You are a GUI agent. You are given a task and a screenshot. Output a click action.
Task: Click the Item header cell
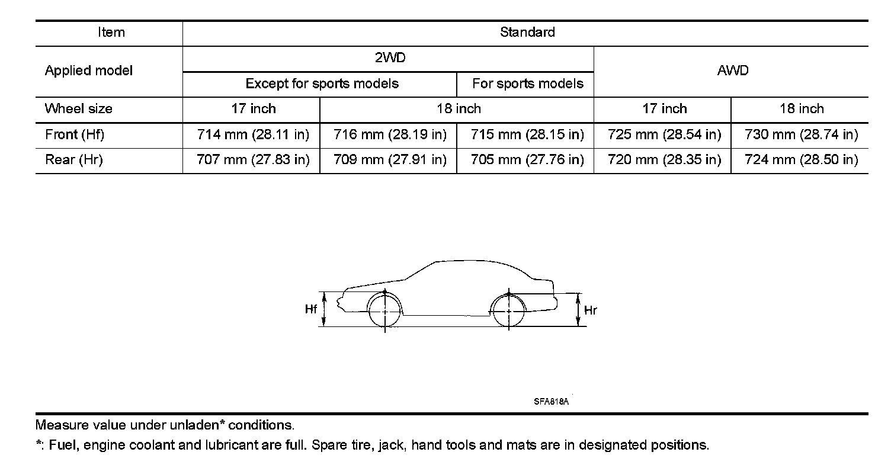(111, 33)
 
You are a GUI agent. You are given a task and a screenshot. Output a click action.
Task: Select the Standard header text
(527, 33)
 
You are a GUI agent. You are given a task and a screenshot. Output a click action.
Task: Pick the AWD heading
(732, 70)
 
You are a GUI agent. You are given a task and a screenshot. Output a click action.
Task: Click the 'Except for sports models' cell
(322, 84)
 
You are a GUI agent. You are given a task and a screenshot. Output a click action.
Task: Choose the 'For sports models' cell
(527, 84)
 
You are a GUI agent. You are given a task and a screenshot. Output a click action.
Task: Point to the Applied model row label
(89, 70)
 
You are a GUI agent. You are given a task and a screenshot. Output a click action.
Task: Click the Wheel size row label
(78, 109)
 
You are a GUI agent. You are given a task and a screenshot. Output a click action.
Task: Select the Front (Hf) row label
(75, 134)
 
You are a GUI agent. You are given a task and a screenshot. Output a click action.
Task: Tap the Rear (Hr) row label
(74, 160)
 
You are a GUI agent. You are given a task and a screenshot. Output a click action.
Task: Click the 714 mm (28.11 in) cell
(253, 134)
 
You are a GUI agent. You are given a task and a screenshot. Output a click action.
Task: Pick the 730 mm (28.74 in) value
(801, 134)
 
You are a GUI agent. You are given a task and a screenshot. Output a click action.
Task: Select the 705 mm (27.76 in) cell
(527, 160)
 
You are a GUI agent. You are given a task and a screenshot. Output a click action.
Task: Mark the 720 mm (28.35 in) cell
(664, 160)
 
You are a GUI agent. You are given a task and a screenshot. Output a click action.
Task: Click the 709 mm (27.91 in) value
(390, 160)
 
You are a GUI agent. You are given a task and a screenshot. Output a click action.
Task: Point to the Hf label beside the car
(311, 309)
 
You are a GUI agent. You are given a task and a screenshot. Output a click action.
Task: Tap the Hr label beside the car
(590, 310)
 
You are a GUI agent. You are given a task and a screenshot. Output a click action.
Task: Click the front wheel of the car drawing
(384, 310)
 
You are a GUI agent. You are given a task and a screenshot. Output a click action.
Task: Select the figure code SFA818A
(551, 402)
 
